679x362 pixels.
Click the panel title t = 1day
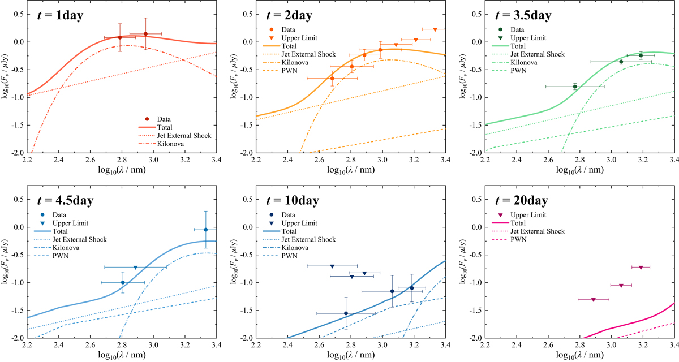(59, 15)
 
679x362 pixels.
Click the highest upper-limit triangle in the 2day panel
(435, 29)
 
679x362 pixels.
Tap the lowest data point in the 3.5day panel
(575, 87)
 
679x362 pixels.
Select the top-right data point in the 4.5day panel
(205, 229)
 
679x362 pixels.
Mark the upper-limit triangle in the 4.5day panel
(135, 267)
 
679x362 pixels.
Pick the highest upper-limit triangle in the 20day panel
(641, 267)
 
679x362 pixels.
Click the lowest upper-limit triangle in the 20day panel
(593, 299)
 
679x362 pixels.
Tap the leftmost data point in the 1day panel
(119, 37)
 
